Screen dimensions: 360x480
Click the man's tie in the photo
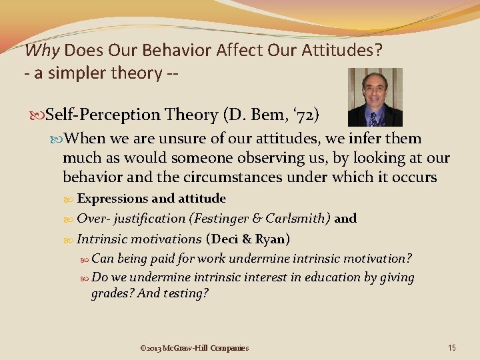(373, 119)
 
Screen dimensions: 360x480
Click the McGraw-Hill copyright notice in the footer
(195, 348)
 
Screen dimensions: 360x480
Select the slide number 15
(452, 347)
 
